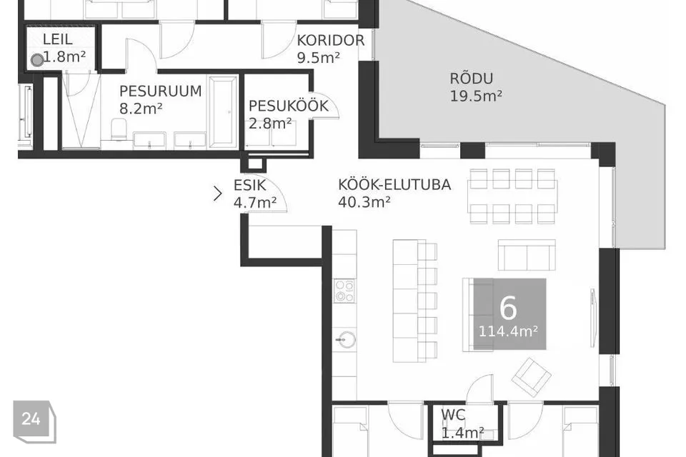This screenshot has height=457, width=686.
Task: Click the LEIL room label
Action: pos(58,39)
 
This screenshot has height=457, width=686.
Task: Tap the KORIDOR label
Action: pos(331,40)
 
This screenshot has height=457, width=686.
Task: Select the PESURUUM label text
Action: pos(160,91)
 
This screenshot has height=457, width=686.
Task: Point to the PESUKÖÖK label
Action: pos(288,106)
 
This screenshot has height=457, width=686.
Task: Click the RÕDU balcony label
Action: pos(472,79)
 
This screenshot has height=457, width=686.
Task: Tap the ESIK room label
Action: pos(250,185)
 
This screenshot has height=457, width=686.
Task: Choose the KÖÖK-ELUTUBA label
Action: pos(394,185)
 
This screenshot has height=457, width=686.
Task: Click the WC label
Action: pos(454,415)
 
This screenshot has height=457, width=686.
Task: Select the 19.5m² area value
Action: pos(475,96)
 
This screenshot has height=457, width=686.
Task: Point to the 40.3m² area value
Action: pos(364,202)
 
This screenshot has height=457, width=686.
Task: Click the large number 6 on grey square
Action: pos(508,307)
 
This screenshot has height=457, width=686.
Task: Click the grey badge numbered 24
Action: pos(31,419)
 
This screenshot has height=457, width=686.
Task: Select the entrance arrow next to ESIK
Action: pos(218,193)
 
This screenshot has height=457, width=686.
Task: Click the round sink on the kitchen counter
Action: pos(345,339)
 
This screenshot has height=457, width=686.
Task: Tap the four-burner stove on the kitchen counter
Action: pos(345,291)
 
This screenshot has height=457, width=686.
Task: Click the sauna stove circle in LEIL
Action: pos(36,60)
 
